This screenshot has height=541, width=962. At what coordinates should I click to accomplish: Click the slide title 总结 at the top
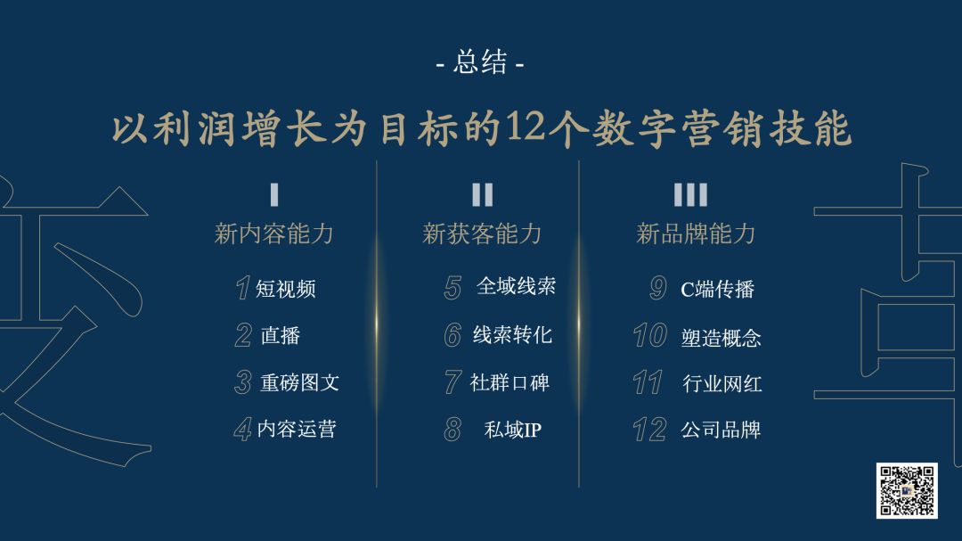click(x=480, y=62)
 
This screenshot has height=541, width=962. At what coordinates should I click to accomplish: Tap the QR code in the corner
click(x=906, y=491)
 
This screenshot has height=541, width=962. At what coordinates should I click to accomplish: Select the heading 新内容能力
click(x=273, y=234)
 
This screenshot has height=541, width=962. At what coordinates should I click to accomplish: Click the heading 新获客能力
click(x=482, y=234)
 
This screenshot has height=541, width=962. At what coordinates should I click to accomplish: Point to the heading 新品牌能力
click(x=696, y=234)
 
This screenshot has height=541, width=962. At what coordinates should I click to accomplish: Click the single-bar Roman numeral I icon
click(x=274, y=194)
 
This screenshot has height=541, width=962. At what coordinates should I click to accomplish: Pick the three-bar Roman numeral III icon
click(x=690, y=194)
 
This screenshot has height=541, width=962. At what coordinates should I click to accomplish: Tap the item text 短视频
click(x=285, y=289)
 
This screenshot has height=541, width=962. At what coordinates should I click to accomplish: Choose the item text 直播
click(x=281, y=335)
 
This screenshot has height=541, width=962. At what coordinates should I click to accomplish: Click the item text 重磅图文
click(x=299, y=382)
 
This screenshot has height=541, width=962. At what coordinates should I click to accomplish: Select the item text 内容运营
click(x=297, y=429)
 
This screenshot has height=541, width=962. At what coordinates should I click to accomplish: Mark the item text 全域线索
click(x=516, y=285)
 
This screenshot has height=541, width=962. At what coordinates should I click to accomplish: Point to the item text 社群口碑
click(x=510, y=382)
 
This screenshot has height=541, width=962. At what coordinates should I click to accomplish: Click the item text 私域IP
click(x=513, y=430)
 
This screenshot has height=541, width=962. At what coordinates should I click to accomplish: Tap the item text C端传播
click(x=717, y=289)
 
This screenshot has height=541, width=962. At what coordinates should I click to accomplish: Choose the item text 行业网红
click(x=722, y=384)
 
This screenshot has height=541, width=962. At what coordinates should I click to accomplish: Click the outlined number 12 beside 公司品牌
click(x=649, y=430)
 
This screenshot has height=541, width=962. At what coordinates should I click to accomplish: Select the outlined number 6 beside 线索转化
click(x=452, y=334)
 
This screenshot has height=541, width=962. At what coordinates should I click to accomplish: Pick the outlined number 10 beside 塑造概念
click(x=649, y=335)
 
